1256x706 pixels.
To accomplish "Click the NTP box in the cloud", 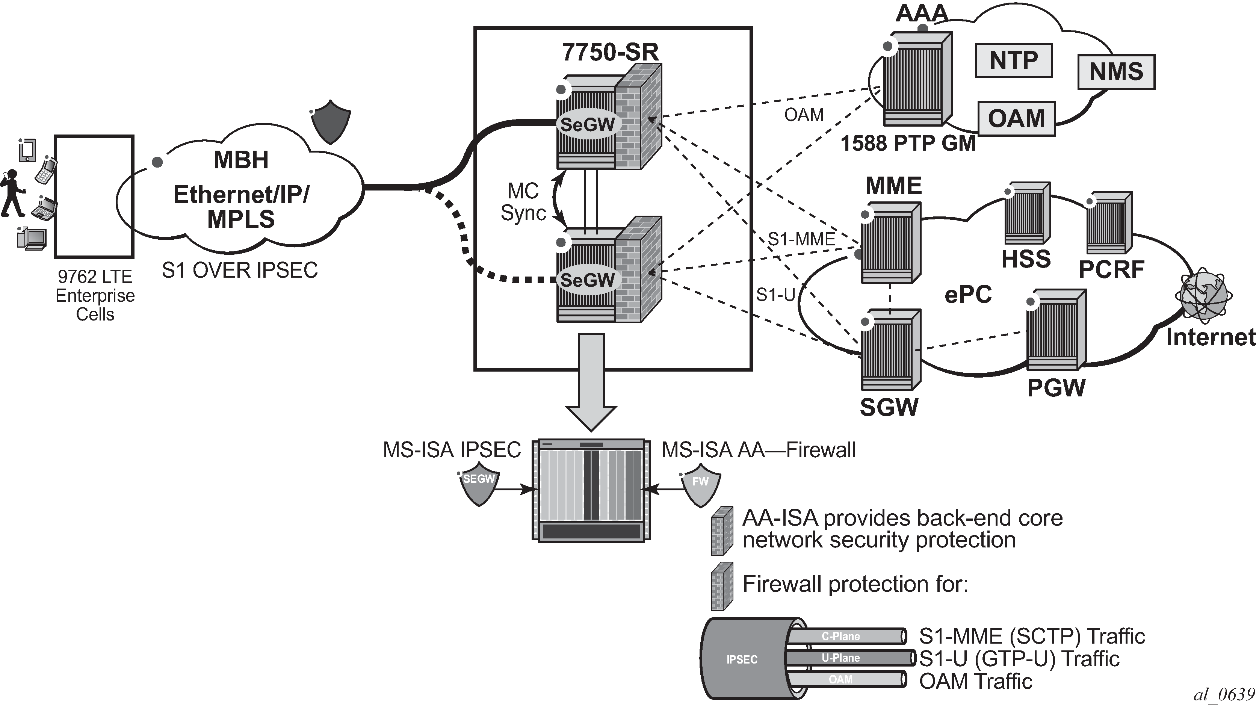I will click(x=1014, y=60).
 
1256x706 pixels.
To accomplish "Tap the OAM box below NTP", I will click(x=1016, y=118).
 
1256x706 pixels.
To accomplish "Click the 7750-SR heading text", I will click(x=610, y=52).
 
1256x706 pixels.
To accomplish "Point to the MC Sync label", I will click(x=523, y=202).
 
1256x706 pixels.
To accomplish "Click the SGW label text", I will click(x=889, y=408).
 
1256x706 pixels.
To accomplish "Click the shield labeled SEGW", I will click(x=479, y=484).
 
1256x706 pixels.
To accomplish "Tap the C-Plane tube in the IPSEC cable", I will click(x=846, y=636).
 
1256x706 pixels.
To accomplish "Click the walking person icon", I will click(x=13, y=193).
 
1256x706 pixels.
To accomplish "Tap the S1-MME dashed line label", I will click(x=801, y=239).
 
